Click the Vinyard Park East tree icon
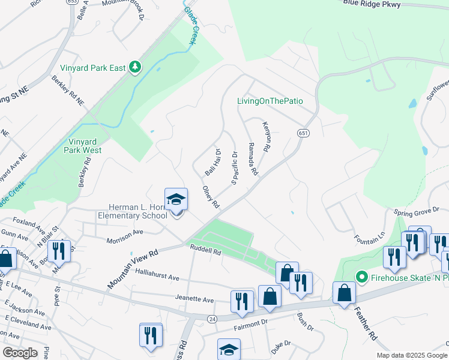point(136,67)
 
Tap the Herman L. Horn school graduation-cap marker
point(176,200)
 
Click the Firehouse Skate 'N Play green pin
point(361,277)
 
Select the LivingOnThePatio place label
point(269,101)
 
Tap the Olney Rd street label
point(211,197)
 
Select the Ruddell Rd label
point(206,251)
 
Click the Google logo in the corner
point(19,352)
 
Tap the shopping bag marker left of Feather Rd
point(345,293)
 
